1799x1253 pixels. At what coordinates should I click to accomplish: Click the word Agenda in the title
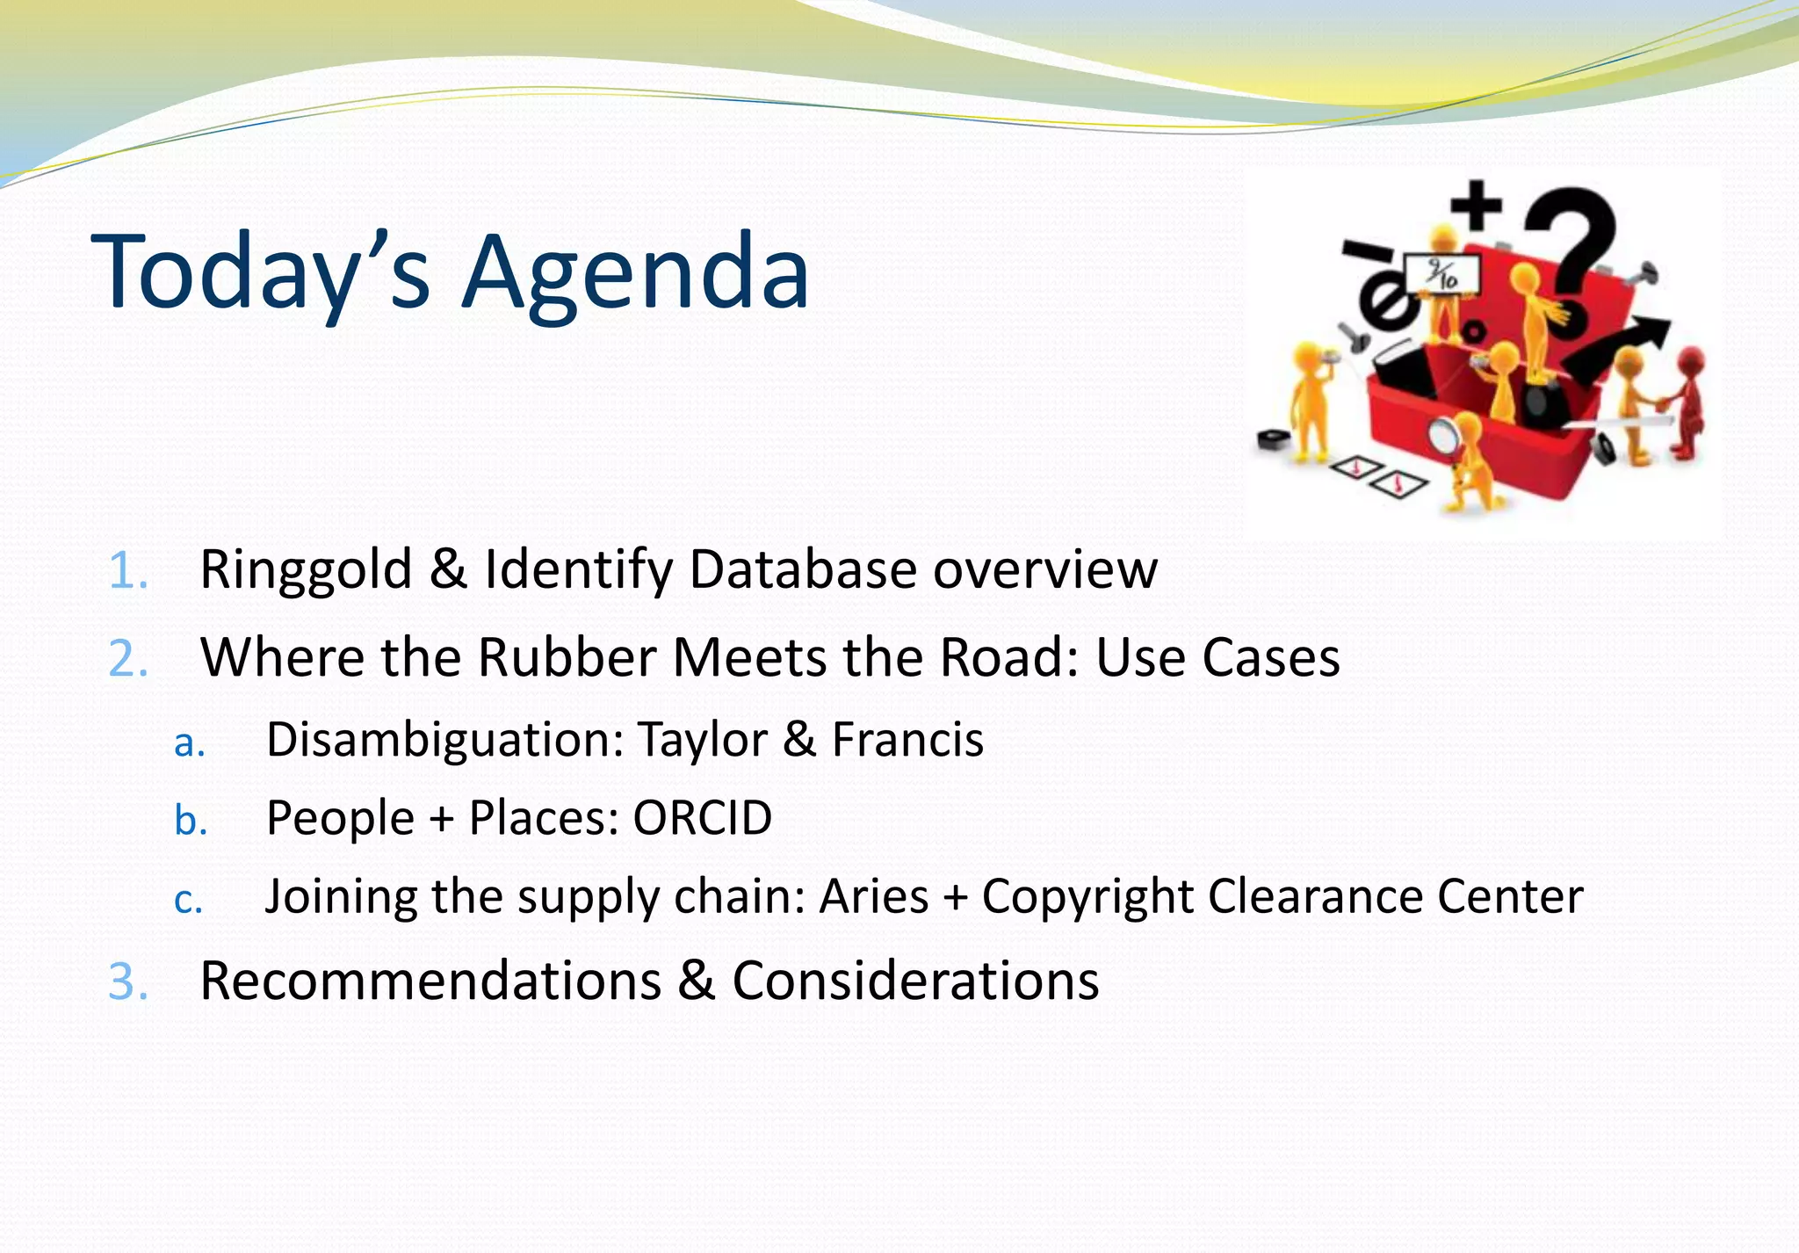click(x=635, y=272)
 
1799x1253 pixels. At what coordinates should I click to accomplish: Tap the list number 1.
click(x=127, y=570)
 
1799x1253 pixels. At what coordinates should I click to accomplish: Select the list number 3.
click(x=127, y=981)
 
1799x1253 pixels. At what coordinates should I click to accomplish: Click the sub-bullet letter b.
click(x=190, y=821)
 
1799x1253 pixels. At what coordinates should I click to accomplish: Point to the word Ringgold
click(x=306, y=570)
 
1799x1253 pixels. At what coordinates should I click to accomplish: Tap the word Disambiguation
click(x=444, y=740)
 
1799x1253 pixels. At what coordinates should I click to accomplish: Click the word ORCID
click(x=702, y=818)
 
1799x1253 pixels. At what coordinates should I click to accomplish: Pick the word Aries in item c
click(x=873, y=897)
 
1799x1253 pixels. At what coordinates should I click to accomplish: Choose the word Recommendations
click(x=430, y=981)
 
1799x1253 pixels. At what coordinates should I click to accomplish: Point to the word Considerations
click(x=915, y=981)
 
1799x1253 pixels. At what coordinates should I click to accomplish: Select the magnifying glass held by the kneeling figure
click(x=1442, y=436)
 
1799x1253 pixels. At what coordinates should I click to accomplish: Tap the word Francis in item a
click(x=907, y=740)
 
